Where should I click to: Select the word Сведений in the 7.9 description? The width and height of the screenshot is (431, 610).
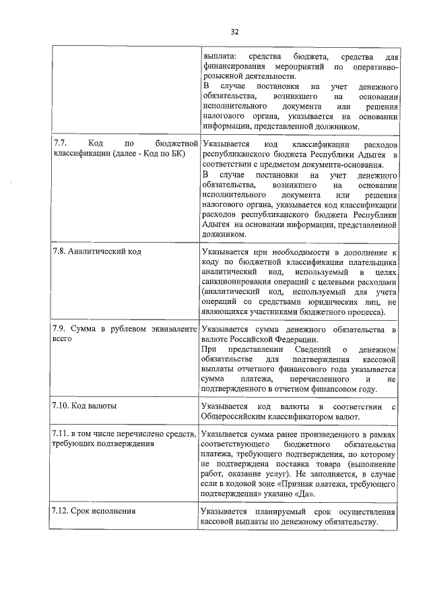click(314, 350)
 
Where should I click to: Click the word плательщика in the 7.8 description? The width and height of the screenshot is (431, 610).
click(373, 260)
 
